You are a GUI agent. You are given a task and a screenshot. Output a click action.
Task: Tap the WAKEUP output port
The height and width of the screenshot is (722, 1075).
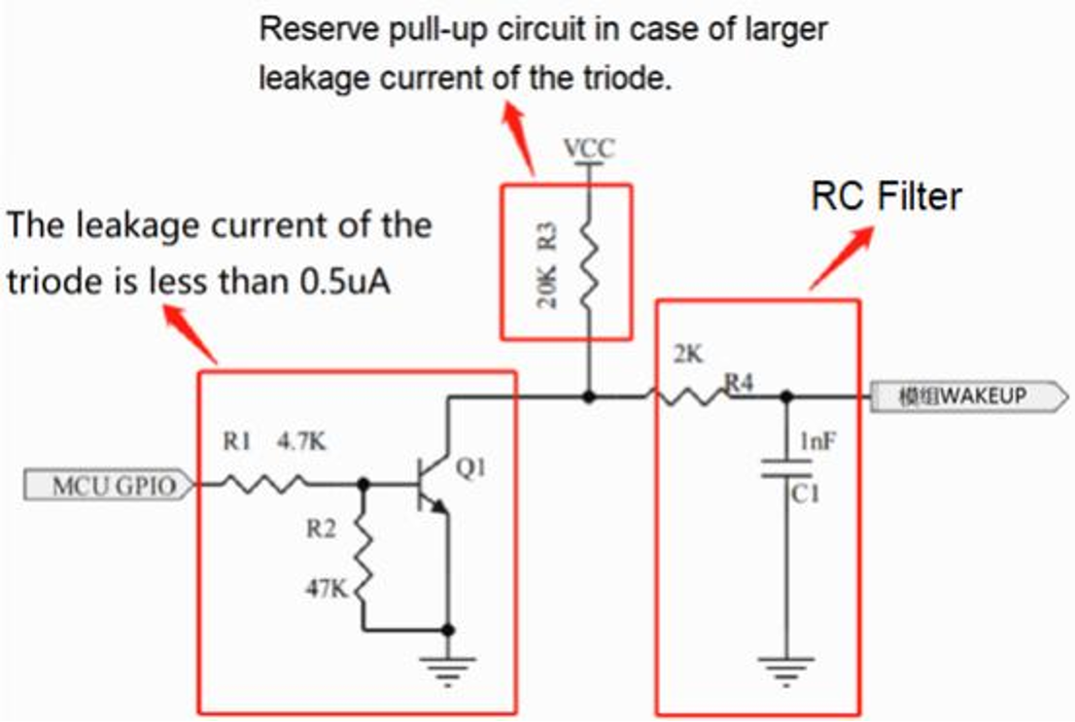(x=961, y=396)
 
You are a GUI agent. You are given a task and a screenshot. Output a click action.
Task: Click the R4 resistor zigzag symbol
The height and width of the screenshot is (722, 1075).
(x=688, y=396)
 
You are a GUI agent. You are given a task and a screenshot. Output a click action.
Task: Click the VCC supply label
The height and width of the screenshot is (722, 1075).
(x=589, y=151)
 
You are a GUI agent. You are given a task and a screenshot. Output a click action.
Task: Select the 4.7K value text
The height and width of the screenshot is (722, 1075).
(x=301, y=443)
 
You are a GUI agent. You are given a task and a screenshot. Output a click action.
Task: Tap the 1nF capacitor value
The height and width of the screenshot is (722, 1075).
(x=813, y=442)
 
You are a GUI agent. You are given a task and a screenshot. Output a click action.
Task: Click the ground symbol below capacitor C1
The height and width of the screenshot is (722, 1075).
(x=785, y=668)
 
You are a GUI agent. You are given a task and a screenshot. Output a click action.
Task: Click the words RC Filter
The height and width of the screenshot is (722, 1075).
(x=885, y=197)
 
